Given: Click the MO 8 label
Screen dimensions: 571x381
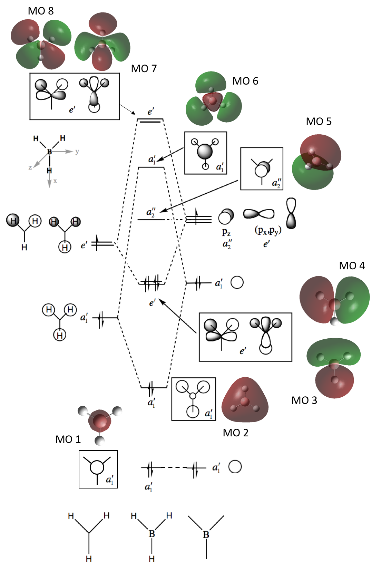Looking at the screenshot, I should [x=41, y=11].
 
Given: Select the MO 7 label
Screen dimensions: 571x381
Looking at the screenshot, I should [x=144, y=69].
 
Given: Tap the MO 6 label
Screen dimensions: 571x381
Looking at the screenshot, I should [x=245, y=81].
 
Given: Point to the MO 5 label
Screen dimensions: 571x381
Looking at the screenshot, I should [x=319, y=122].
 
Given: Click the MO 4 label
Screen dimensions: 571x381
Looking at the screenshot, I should [x=352, y=266].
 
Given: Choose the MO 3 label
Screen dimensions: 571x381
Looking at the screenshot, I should [x=304, y=400].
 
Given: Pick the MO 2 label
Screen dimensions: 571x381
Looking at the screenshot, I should [x=235, y=433].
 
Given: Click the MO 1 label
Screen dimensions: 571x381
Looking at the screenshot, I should [x=68, y=439].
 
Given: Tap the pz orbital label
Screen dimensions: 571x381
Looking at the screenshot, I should [x=226, y=232].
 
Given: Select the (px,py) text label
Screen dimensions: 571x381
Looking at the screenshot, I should [x=268, y=231].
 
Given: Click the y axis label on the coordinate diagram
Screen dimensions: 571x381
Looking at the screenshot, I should [x=77, y=151].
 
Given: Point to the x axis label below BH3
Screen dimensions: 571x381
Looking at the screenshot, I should [x=55, y=181].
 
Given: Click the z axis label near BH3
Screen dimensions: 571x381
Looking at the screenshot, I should [x=30, y=167].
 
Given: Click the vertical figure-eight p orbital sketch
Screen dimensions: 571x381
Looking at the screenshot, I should [x=291, y=213].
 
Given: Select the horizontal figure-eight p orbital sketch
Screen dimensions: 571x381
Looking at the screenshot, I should [x=259, y=214].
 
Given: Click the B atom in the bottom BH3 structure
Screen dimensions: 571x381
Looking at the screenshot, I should [x=152, y=534].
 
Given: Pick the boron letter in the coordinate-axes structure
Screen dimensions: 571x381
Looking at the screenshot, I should [x=49, y=152].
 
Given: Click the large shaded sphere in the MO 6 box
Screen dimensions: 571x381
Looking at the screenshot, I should [x=205, y=151].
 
